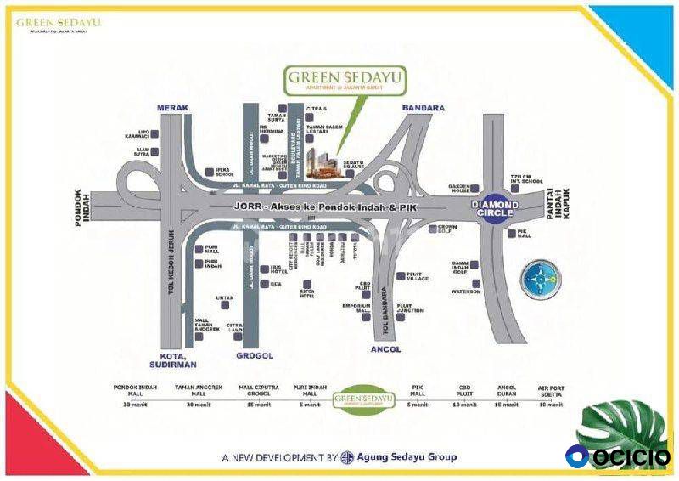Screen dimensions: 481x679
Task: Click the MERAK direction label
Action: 174,108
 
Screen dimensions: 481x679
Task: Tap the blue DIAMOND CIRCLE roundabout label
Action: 509,207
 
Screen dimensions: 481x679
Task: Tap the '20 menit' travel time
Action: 193,405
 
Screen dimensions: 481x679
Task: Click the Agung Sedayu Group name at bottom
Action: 408,457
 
